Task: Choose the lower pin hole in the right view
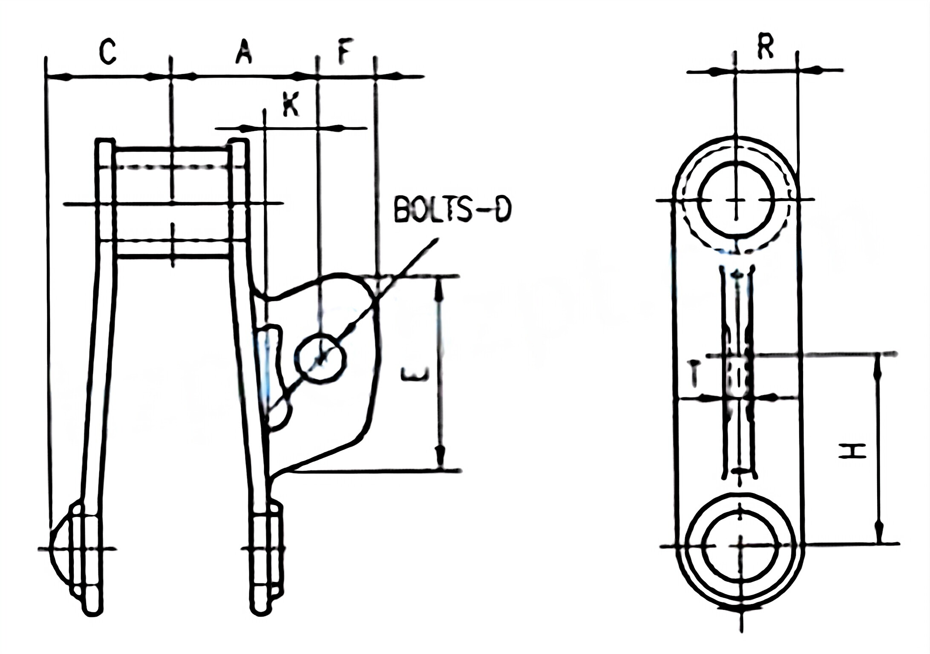742,546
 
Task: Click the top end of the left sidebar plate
105,145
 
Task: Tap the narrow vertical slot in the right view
737,370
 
